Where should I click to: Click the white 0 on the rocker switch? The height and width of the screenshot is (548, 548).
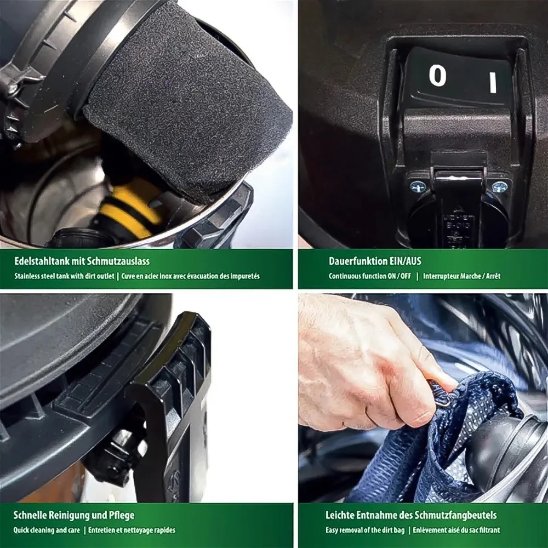437,76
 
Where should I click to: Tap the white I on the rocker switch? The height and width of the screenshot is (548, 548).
493,83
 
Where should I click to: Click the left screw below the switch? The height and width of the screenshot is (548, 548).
417,187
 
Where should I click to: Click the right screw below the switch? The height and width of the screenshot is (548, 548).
500,187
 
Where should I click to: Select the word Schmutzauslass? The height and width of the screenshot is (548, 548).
118,261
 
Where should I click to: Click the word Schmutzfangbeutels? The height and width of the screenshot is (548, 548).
455,515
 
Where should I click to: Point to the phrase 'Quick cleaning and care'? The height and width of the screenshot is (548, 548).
47,530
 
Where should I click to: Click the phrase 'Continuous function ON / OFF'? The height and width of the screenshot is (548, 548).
370,276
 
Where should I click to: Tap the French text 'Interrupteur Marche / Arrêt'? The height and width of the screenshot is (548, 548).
461,276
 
